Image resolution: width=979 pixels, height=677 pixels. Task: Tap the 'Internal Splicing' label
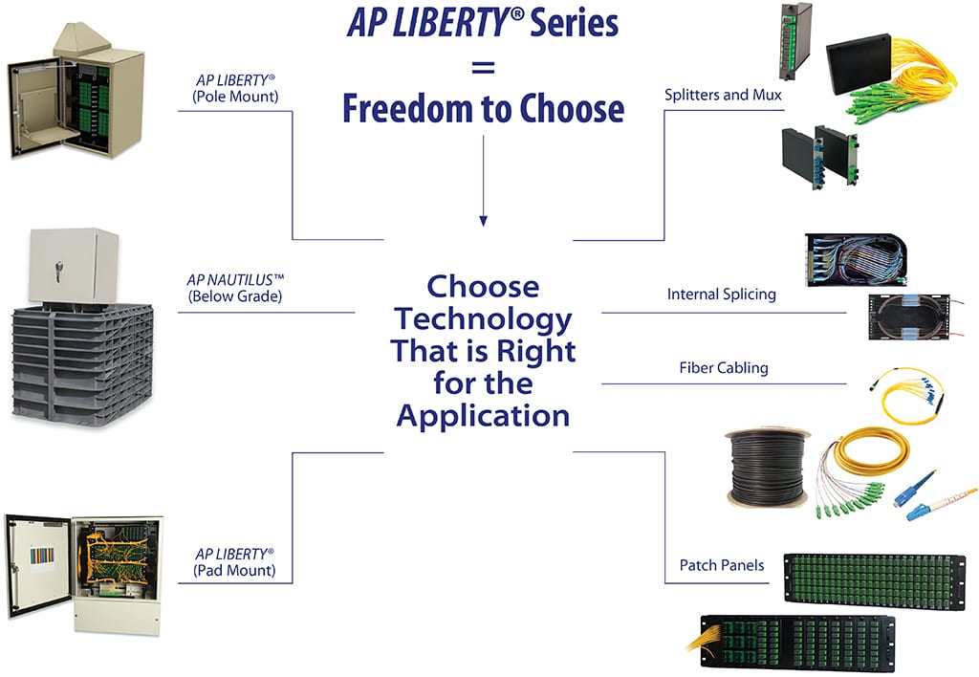click(721, 295)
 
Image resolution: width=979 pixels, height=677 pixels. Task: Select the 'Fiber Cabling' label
click(723, 367)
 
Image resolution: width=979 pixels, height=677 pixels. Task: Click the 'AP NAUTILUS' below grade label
click(235, 280)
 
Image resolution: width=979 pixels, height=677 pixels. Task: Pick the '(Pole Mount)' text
click(234, 96)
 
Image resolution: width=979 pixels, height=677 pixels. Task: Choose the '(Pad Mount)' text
click(234, 571)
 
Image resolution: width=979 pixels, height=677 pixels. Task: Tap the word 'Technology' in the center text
click(483, 319)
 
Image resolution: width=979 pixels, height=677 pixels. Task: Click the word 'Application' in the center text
click(483, 416)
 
